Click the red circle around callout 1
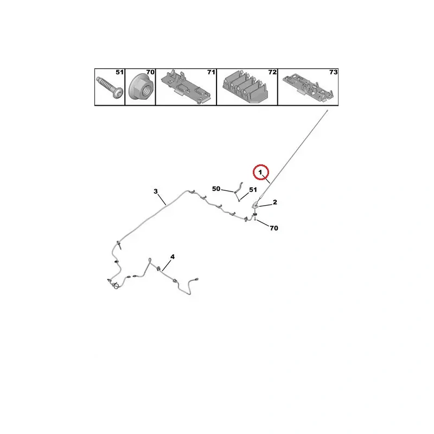click(261, 165)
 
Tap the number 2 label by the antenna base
click(275, 202)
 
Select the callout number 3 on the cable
click(156, 192)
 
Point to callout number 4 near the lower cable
click(173, 257)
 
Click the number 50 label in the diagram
click(216, 189)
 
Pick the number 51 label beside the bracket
click(253, 189)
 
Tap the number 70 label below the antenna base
click(274, 228)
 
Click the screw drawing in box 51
click(110, 87)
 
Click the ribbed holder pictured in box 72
click(246, 87)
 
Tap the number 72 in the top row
click(272, 72)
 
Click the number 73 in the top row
click(333, 72)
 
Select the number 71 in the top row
click(211, 72)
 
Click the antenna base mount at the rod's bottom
click(256, 206)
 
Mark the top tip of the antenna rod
click(328, 111)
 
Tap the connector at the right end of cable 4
click(197, 279)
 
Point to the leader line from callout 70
click(263, 224)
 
